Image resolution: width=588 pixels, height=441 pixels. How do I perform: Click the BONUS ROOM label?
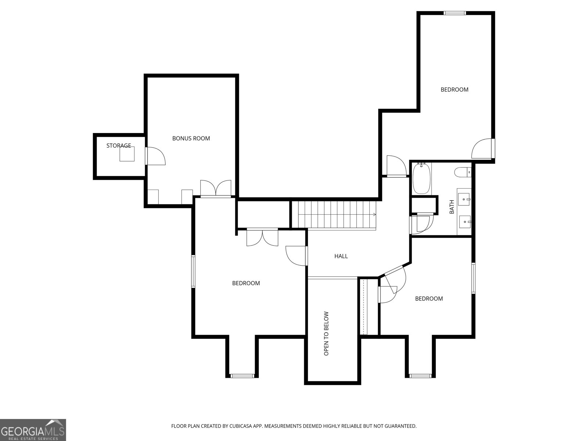191,139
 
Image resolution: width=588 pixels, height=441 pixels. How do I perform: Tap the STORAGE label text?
119,146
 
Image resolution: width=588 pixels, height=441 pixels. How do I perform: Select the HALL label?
341,256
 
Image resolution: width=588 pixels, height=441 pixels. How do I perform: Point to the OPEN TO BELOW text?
326,333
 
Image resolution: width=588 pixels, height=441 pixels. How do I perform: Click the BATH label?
452,207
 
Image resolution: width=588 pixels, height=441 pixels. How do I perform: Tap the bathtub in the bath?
422,178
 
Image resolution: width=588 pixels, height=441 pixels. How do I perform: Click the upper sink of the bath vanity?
464,199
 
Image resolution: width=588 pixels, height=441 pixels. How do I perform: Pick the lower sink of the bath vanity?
465,222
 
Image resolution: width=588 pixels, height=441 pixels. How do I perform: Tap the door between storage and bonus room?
155,156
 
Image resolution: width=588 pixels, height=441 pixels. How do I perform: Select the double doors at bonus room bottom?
216,189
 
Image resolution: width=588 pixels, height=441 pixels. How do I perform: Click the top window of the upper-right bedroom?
455,13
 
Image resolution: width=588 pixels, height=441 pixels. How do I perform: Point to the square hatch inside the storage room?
127,154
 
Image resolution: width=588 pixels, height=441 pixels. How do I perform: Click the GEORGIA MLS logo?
33,430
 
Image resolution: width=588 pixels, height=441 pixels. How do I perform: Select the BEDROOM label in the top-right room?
454,90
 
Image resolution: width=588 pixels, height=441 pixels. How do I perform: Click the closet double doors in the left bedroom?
262,237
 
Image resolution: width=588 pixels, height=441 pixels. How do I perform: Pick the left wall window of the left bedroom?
193,272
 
